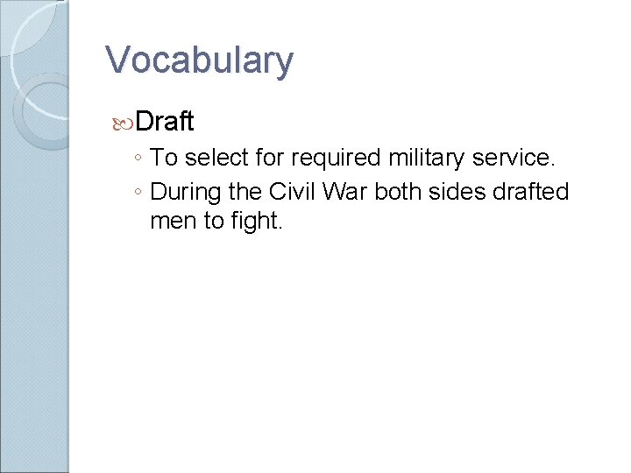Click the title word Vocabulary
(199, 60)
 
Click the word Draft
(165, 120)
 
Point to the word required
(329, 159)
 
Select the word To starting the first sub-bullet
(163, 159)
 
